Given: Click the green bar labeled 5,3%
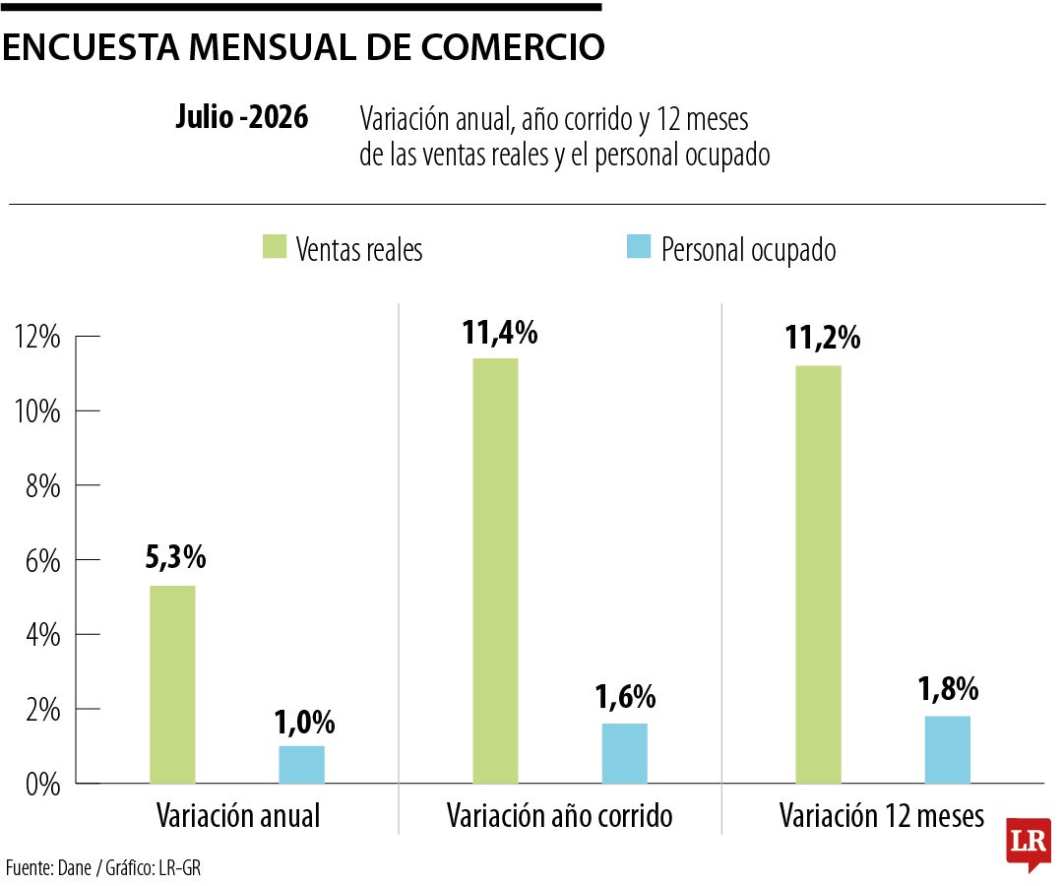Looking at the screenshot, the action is [x=172, y=684].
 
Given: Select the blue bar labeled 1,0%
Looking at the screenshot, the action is [x=302, y=765].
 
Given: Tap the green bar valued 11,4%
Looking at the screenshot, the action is [x=495, y=571].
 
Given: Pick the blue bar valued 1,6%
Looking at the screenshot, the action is [x=625, y=754].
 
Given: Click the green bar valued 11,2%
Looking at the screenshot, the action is [x=818, y=575].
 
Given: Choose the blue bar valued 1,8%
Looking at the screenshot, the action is [x=948, y=750].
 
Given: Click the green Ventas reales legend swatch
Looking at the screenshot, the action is [x=275, y=247].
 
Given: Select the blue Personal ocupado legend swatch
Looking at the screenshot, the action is [x=639, y=247].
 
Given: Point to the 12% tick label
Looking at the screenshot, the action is [x=37, y=337].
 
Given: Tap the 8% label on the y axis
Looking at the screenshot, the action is [x=42, y=486].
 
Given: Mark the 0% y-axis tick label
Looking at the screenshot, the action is [x=42, y=785].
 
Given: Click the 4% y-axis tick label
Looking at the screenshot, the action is [x=42, y=636].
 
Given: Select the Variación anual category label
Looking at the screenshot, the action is [x=238, y=815].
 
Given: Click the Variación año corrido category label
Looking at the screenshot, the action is [x=559, y=815].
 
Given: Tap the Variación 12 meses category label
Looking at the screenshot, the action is [x=881, y=815].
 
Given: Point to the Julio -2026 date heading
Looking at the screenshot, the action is [x=242, y=117].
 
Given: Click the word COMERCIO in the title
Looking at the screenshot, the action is [x=513, y=47].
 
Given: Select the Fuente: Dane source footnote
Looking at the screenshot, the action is [x=48, y=867].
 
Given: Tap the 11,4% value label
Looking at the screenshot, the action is [x=500, y=333].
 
